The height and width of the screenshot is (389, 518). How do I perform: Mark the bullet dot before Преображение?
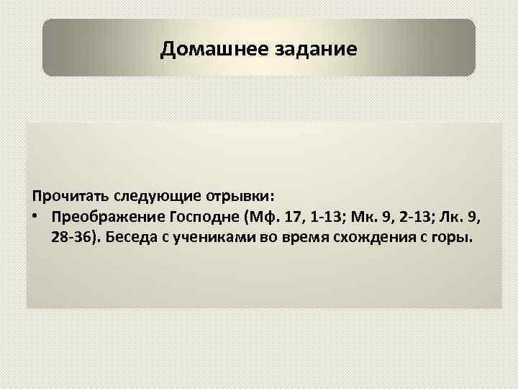click(x=35, y=218)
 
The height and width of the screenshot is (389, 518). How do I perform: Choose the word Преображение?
click(x=108, y=218)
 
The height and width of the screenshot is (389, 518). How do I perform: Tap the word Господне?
click(x=206, y=218)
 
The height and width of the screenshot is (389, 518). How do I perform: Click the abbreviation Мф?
click(x=262, y=218)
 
